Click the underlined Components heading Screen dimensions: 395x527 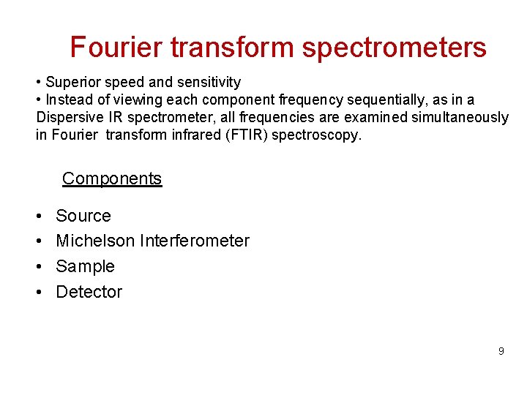click(x=112, y=178)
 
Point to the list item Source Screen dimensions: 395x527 click(x=83, y=216)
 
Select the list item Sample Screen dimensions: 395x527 click(x=86, y=266)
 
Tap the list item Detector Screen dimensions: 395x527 click(x=89, y=292)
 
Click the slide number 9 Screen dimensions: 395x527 click(x=501, y=351)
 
